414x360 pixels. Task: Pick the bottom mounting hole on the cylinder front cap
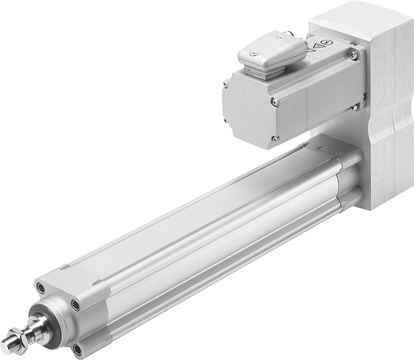77,350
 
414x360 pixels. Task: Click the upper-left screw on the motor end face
225,84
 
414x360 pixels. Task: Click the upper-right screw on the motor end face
275,102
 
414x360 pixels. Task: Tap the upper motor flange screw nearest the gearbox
353,55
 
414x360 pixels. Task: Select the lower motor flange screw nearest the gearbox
354,107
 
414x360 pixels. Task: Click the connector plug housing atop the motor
271,51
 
